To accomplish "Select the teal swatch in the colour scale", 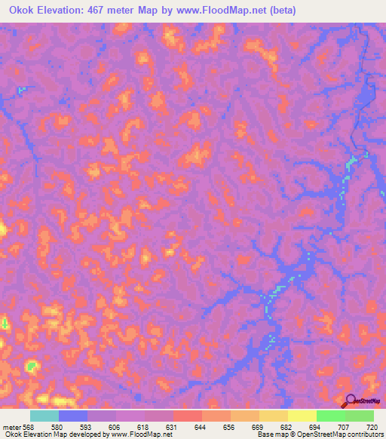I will point(44,416).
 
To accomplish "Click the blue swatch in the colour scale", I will point(73,416).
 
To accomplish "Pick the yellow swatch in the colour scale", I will point(302,416).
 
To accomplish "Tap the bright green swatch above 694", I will point(330,416).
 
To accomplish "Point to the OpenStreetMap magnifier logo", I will point(350,401).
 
